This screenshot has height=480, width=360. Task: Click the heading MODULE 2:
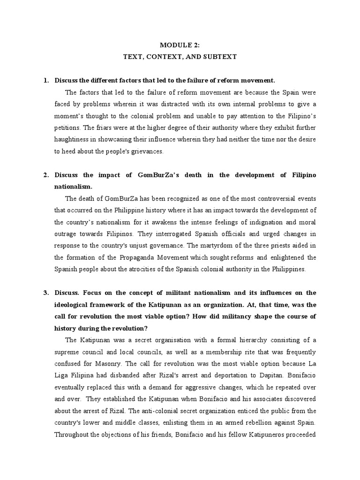click(180, 45)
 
